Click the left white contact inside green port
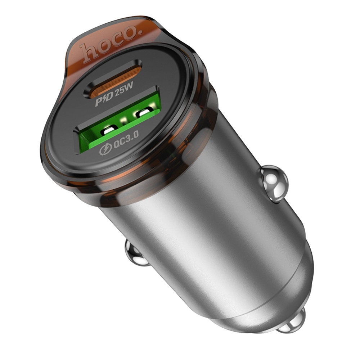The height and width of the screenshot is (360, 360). coord(108,132)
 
